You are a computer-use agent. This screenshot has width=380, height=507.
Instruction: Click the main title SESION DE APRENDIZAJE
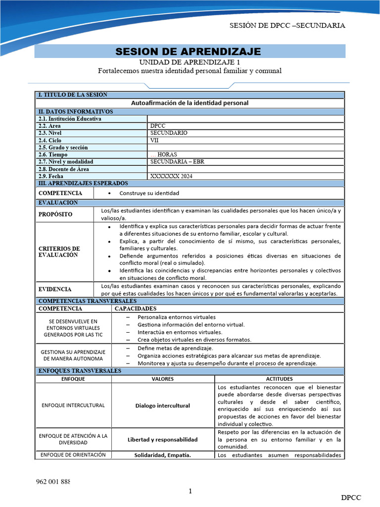[188, 52]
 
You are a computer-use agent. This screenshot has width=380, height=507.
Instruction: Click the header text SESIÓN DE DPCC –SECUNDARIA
[287, 26]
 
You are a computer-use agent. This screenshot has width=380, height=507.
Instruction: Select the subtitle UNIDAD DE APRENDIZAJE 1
[190, 62]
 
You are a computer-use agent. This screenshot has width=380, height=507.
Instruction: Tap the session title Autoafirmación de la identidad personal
[190, 103]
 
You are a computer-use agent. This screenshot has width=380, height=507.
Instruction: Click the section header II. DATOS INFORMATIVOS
[76, 112]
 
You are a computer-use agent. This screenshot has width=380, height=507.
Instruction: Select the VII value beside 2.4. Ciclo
[155, 140]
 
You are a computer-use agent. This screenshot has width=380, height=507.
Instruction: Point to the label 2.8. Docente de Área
[67, 169]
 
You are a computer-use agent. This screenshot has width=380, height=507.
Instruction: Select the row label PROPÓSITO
[55, 214]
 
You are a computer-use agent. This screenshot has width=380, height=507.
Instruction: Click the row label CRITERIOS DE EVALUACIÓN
[59, 252]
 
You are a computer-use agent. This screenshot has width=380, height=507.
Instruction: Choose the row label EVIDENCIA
[55, 289]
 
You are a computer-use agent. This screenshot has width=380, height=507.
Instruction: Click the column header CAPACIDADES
[136, 308]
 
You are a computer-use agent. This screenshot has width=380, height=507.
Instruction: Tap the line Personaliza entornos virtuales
[177, 317]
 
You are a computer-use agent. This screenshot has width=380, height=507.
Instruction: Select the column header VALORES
[163, 379]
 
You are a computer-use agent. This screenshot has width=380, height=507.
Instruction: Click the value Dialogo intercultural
[163, 406]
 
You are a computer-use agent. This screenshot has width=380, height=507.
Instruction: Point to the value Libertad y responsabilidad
[163, 439]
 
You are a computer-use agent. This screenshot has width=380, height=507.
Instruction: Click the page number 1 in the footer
[190, 491]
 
